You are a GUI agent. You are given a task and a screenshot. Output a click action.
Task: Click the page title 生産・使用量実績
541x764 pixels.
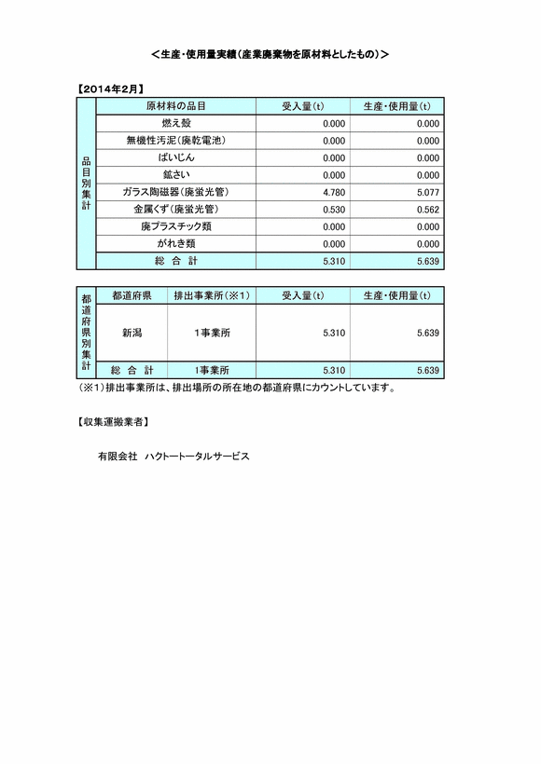pos(270,55)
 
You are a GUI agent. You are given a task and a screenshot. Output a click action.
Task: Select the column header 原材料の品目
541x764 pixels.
pos(175,106)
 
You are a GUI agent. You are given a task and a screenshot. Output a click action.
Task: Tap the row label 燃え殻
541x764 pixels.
pos(175,123)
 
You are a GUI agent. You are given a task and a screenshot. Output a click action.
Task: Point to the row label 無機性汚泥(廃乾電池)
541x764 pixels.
pos(175,141)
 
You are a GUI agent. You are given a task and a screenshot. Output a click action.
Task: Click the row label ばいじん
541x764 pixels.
pos(175,157)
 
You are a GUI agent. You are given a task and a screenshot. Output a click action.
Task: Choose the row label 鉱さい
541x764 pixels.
pos(175,175)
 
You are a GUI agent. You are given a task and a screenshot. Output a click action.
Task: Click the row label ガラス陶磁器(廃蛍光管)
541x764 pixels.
pos(175,192)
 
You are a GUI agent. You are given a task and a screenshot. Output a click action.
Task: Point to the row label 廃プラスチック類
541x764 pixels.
pos(175,226)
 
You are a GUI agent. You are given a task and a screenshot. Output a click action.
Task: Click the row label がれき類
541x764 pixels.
pos(175,243)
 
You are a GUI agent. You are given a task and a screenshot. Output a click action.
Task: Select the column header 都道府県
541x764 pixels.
pos(132,295)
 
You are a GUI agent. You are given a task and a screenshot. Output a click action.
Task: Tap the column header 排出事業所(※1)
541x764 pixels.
pos(211,295)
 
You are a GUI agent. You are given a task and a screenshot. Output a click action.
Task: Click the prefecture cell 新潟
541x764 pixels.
pos(132,332)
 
